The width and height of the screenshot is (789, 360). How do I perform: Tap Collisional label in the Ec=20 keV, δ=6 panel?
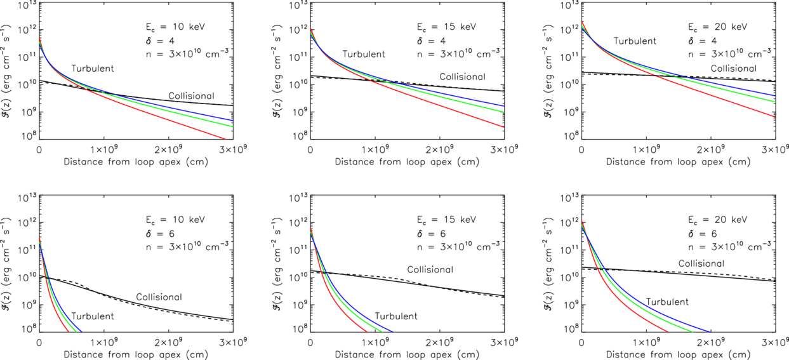tap(701, 263)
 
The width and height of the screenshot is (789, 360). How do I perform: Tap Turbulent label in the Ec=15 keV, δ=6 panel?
tap(395, 316)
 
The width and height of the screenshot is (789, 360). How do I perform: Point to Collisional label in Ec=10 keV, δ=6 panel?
tap(159, 297)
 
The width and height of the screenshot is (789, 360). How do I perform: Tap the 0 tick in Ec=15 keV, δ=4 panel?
tap(310, 150)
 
